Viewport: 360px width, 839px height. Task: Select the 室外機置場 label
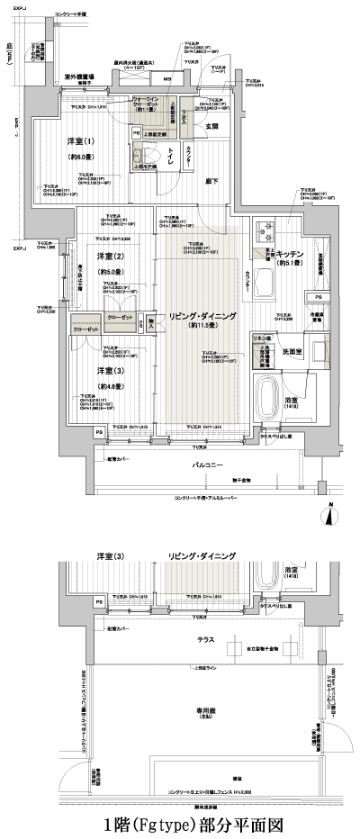(79, 78)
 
